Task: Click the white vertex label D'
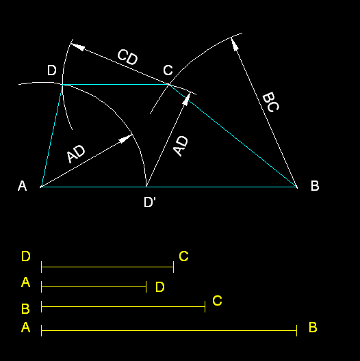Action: (x=150, y=202)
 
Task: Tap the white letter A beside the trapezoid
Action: (x=22, y=185)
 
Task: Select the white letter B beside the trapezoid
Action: (x=315, y=185)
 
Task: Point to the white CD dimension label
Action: (x=128, y=57)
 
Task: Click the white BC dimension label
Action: (x=271, y=102)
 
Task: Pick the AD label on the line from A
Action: (x=76, y=154)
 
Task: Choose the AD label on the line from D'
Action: (x=181, y=146)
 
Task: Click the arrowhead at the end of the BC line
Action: (x=234, y=44)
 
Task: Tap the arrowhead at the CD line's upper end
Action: (x=77, y=46)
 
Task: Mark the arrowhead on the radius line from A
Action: (x=125, y=139)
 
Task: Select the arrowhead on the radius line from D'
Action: (x=187, y=98)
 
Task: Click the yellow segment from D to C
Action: (x=107, y=267)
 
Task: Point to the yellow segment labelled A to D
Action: (x=94, y=287)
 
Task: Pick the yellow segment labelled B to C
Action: (x=123, y=307)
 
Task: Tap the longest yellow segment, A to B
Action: (x=169, y=331)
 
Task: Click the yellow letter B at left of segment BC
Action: (x=25, y=309)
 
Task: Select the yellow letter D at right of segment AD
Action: (x=160, y=287)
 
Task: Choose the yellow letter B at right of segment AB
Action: (x=313, y=327)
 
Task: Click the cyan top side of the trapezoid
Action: (x=116, y=85)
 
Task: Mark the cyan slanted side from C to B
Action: (x=233, y=136)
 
